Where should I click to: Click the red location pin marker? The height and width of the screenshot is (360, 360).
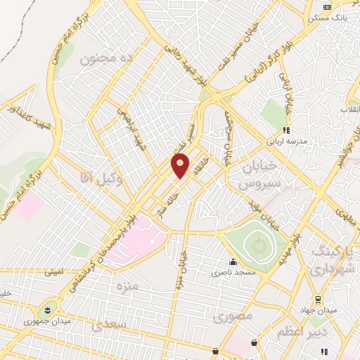pyautogui.click(x=181, y=165)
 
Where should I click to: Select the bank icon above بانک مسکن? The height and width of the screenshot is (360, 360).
pyautogui.click(x=326, y=7)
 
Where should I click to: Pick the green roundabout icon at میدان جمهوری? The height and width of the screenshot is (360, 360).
pyautogui.click(x=48, y=308)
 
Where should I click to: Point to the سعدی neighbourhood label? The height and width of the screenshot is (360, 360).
pyautogui.click(x=109, y=325)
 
